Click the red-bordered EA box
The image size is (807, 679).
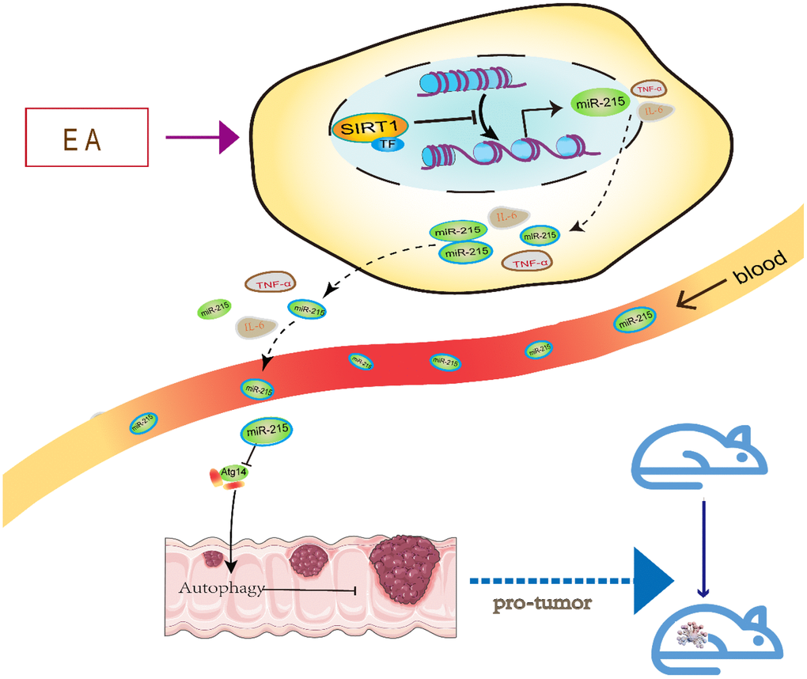tap(86, 137)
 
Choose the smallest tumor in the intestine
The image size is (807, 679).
tap(213, 559)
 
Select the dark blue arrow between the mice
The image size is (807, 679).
tap(703, 546)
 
